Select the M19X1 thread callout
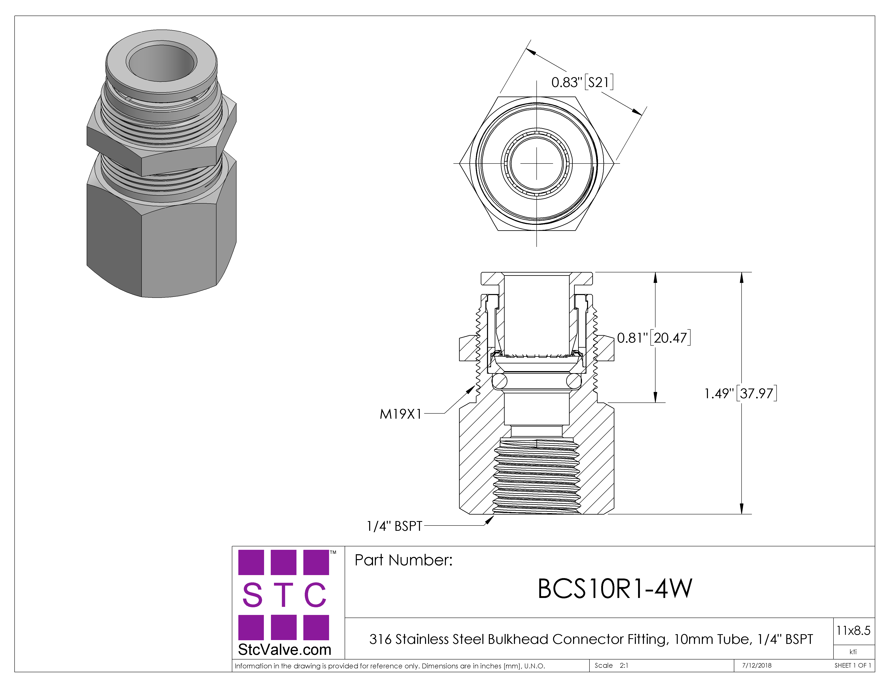(400, 414)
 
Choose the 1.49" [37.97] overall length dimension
(741, 393)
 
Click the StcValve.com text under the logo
(284, 650)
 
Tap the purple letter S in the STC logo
(252, 595)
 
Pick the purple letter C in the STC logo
(315, 595)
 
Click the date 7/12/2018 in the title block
(757, 666)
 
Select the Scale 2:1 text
(611, 666)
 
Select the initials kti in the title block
(853, 652)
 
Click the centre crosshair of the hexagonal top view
(536, 164)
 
